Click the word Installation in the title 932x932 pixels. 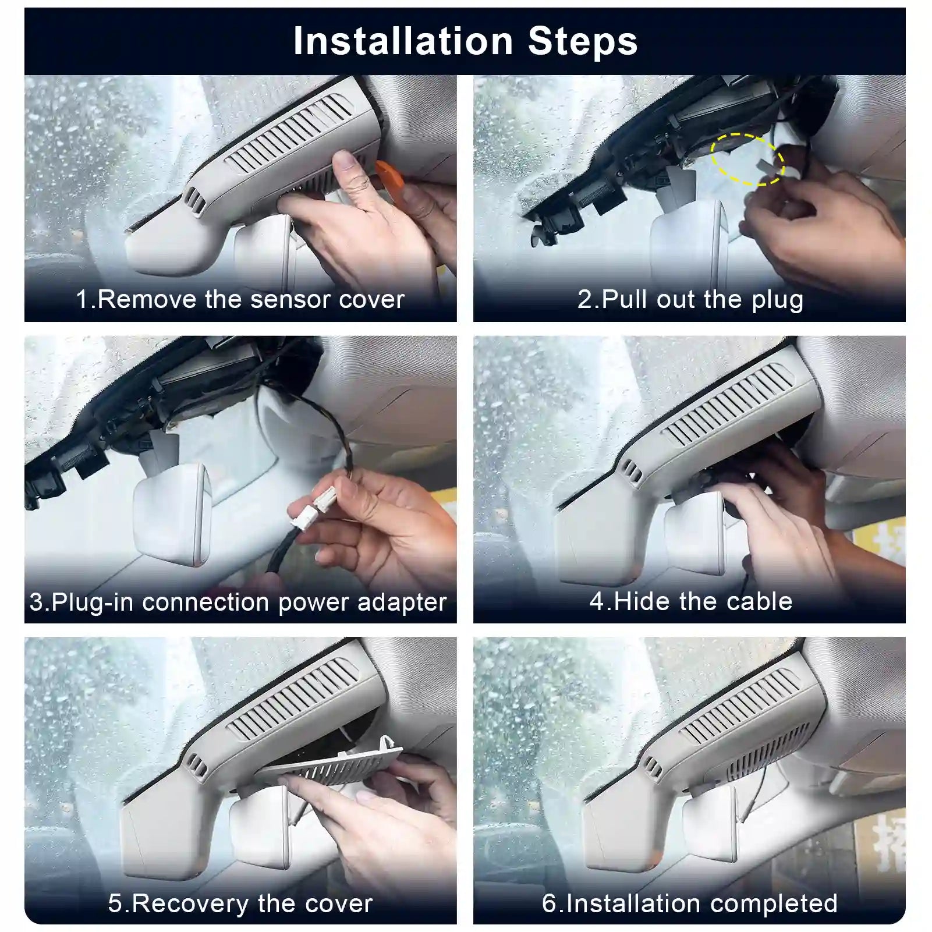[x=403, y=41]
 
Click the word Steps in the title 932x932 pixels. [x=583, y=41]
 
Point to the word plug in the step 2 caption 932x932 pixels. [x=777, y=300]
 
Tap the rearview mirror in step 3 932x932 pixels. [x=172, y=512]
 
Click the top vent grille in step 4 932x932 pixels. [x=728, y=402]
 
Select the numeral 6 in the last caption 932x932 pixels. [x=550, y=903]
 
